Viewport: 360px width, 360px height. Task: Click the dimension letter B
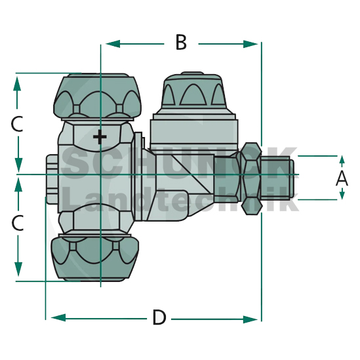181,42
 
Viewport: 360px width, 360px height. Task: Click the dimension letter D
159,317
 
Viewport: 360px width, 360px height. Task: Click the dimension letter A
342,178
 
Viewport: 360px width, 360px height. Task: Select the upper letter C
17,124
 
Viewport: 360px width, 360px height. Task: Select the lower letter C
18,223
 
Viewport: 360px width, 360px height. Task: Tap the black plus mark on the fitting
100,137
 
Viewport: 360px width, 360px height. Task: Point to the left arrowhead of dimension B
113,44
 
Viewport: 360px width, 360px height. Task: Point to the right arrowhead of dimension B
250,44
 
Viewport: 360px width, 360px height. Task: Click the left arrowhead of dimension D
58,318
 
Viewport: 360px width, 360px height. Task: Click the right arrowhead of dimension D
250,319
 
